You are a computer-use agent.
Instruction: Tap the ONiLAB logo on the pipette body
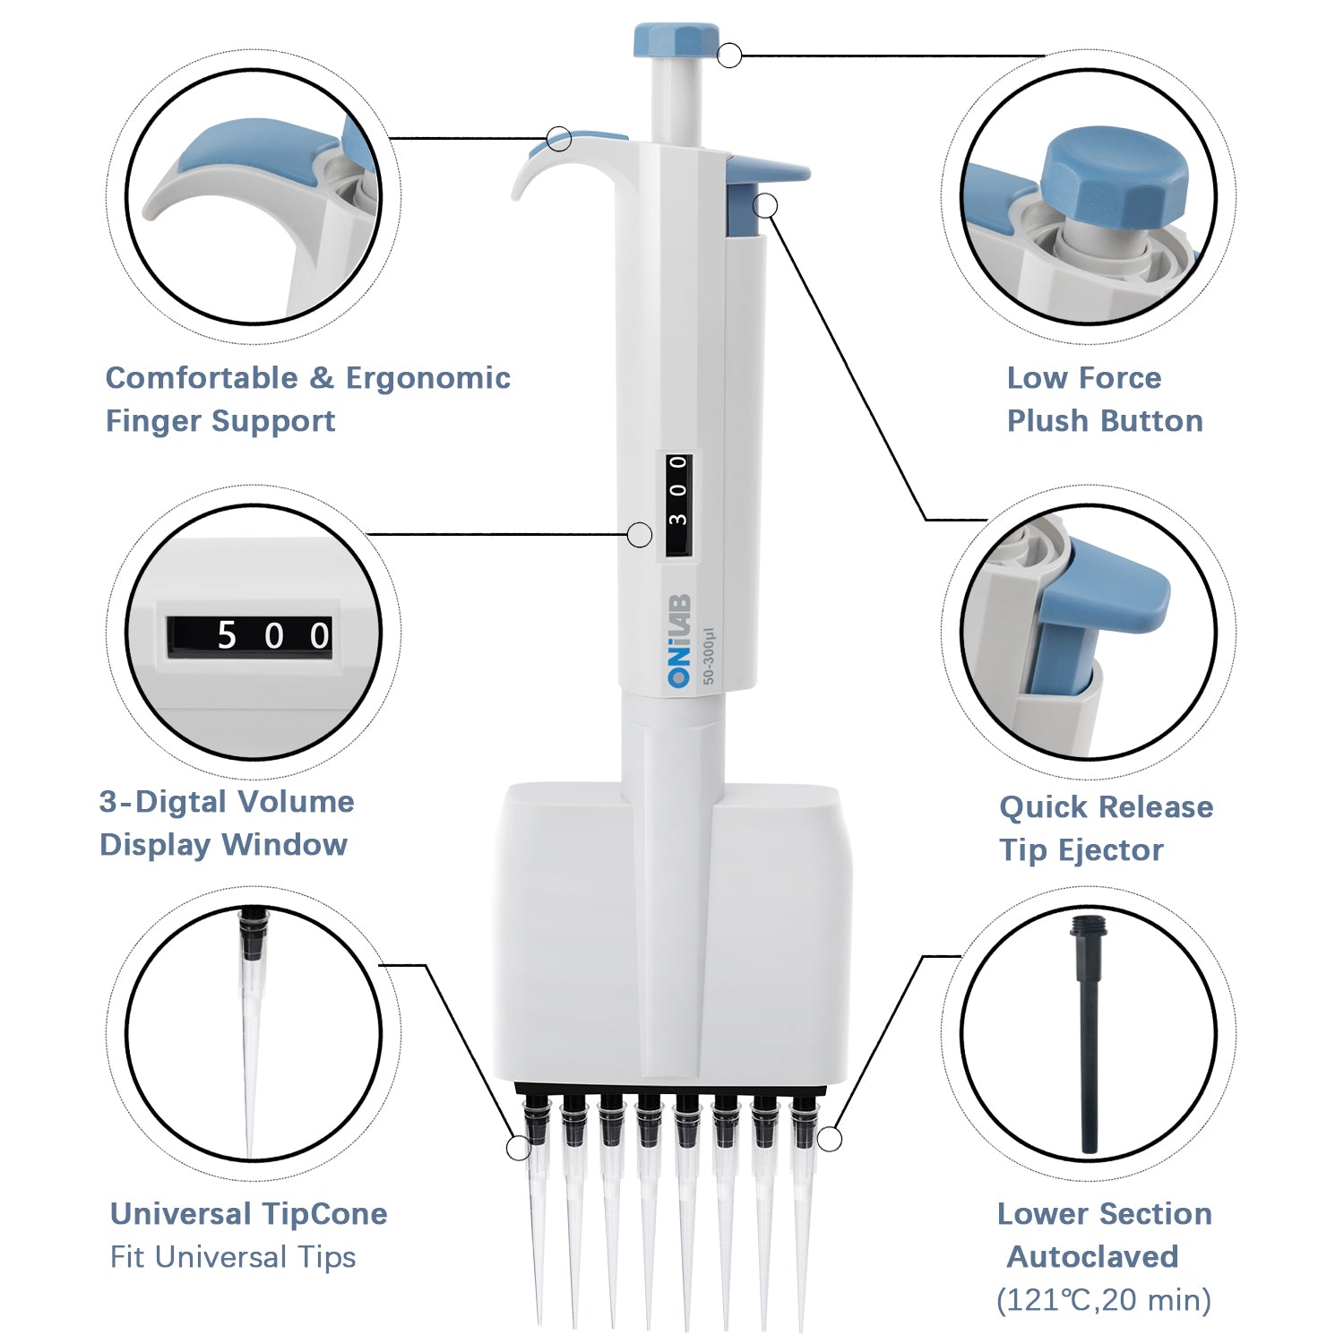point(679,640)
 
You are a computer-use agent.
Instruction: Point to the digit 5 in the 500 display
point(227,636)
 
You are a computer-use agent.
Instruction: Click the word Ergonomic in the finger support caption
point(427,378)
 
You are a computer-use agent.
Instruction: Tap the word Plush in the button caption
point(1049,421)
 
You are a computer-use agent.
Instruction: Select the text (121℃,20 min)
point(1103,1300)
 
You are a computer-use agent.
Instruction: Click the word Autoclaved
point(1092,1257)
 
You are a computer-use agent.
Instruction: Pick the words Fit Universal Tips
point(233,1257)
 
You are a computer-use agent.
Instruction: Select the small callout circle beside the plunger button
point(730,56)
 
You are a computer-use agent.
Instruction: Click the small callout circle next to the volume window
point(639,535)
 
